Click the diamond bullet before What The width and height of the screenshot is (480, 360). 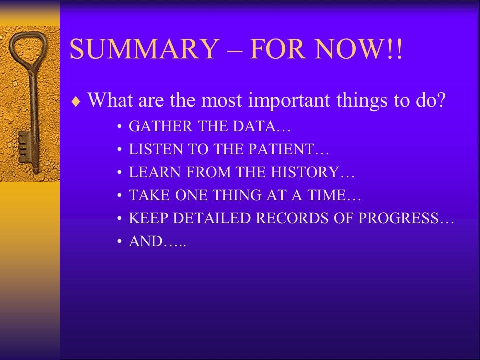coord(76,101)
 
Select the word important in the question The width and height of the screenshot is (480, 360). coord(289,100)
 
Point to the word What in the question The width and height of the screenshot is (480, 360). coord(111,100)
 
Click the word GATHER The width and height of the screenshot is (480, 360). coord(160,126)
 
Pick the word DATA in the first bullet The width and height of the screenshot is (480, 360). coord(254,126)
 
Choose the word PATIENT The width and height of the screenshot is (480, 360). coord(281,149)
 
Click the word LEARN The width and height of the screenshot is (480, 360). coord(155,172)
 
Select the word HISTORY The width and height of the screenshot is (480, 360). coord(305,172)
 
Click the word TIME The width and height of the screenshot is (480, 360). coord(326,195)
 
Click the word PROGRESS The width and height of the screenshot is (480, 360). coord(398,218)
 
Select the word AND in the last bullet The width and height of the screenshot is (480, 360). coord(145,241)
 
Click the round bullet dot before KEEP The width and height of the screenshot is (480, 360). coord(119,218)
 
